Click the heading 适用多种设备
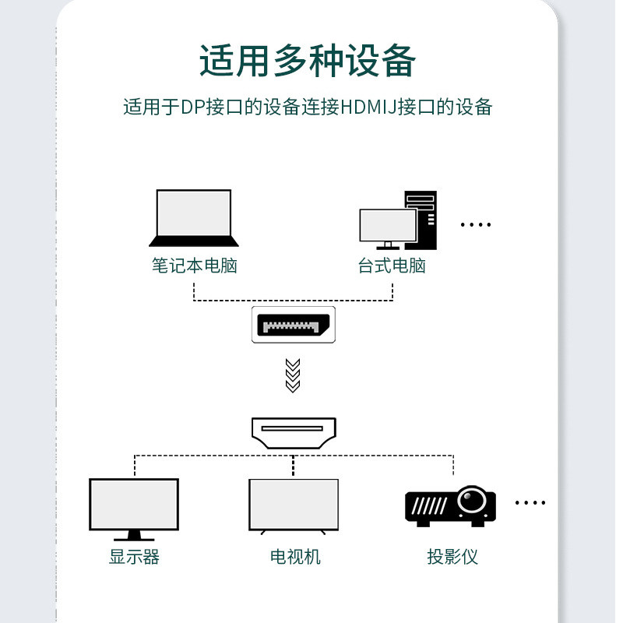pyautogui.click(x=308, y=61)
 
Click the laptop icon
pyautogui.click(x=194, y=218)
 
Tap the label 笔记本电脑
pyautogui.click(x=194, y=266)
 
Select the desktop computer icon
pyautogui.click(x=397, y=220)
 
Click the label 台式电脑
pyautogui.click(x=392, y=266)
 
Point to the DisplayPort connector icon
pyautogui.click(x=293, y=324)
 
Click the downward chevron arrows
pyautogui.click(x=293, y=375)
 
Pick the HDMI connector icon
pyautogui.click(x=293, y=432)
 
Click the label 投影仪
pyautogui.click(x=452, y=557)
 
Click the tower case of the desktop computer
pyautogui.click(x=422, y=219)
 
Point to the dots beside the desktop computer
pyautogui.click(x=475, y=225)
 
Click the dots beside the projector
pyautogui.click(x=530, y=503)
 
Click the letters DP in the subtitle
pyautogui.click(x=192, y=107)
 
